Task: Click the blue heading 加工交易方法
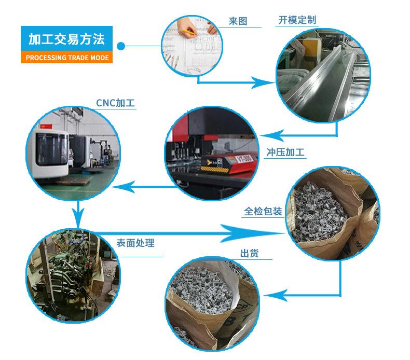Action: point(66,39)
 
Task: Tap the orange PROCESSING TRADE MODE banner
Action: point(66,58)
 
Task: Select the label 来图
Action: point(238,21)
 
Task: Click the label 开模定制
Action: point(297,21)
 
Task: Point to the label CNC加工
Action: point(115,103)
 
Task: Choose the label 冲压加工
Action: point(285,153)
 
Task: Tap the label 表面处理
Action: point(135,242)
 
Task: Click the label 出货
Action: point(249,254)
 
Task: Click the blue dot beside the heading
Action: point(121,46)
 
